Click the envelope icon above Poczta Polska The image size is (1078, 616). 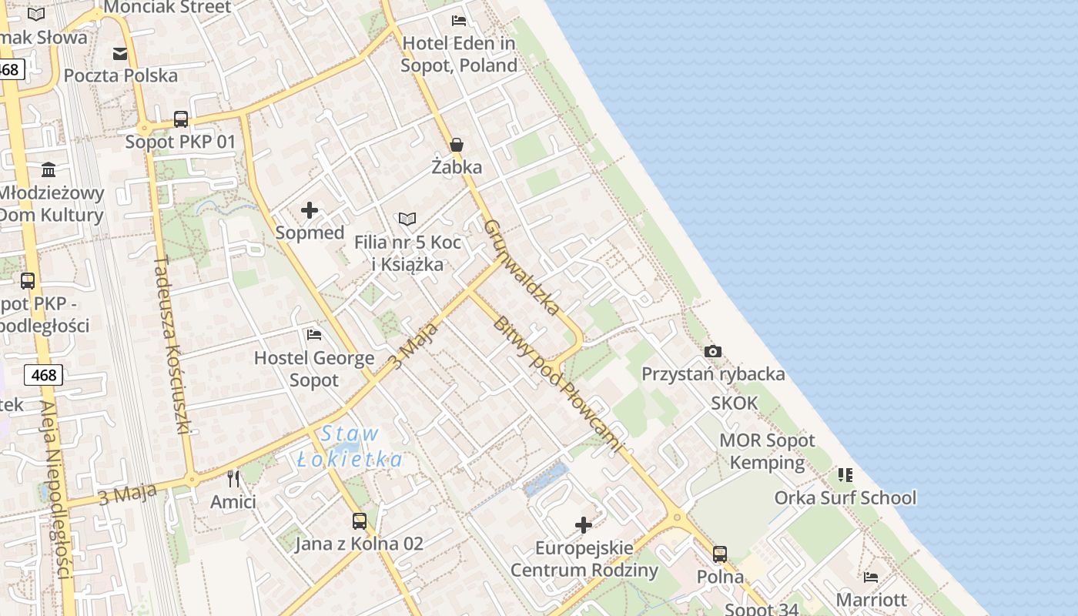click(120, 53)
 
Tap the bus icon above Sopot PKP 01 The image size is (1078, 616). click(181, 119)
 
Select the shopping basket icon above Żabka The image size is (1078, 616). click(457, 144)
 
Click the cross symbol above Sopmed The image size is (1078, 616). click(310, 210)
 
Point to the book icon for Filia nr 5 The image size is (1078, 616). click(407, 219)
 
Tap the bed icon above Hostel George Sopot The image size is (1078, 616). click(314, 335)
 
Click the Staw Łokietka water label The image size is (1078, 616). click(350, 447)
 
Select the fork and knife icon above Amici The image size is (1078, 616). click(233, 479)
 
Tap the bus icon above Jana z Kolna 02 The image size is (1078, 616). click(359, 521)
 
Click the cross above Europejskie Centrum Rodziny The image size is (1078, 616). click(584, 525)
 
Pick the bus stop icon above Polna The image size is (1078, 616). click(720, 554)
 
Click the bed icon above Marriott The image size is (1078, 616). click(871, 577)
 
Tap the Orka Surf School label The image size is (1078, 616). click(845, 497)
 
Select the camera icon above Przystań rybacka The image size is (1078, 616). click(713, 351)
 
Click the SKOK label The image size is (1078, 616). click(734, 403)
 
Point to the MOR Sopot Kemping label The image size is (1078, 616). click(767, 451)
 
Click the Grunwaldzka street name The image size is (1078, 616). click(522, 267)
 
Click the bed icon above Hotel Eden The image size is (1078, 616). click(459, 20)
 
